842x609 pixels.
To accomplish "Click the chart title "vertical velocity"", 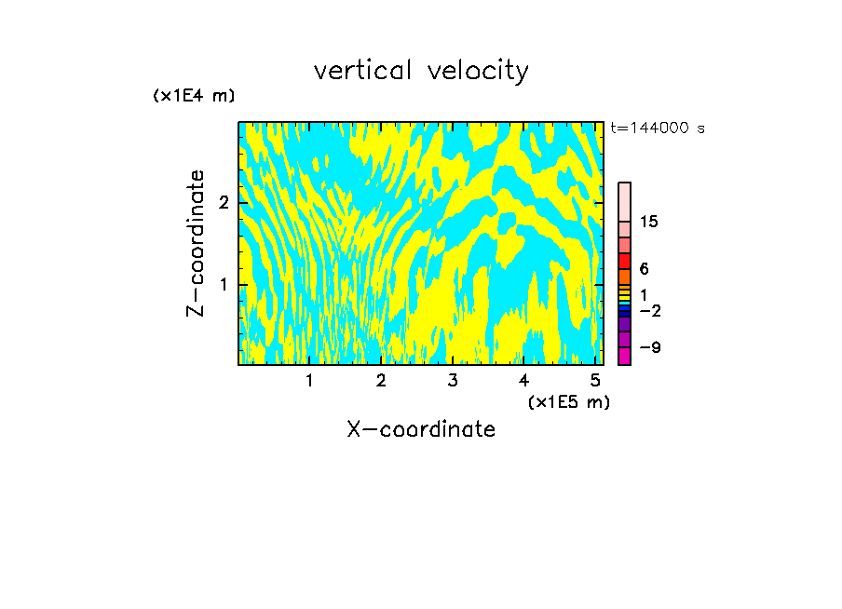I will coord(421,71).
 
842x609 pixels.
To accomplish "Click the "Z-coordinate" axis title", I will coord(196,243).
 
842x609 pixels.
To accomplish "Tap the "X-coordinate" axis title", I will coord(421,429).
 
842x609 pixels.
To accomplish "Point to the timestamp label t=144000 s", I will coord(658,128).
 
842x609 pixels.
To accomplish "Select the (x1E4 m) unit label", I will coord(194,96).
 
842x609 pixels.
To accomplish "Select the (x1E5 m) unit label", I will coord(568,401).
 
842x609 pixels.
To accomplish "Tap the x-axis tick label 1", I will coord(309,381).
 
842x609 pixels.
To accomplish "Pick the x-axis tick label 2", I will coord(381,381).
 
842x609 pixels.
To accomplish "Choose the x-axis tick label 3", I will coord(453,381).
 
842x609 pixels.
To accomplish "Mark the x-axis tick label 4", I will coord(523,381).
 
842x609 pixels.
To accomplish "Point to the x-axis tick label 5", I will coord(595,381).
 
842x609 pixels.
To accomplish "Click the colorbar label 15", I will coord(649,222).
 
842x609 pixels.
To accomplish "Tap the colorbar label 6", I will coord(644,269).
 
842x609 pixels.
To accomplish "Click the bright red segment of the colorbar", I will coord(624,261).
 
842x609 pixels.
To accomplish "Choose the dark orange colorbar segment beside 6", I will coord(624,277).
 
